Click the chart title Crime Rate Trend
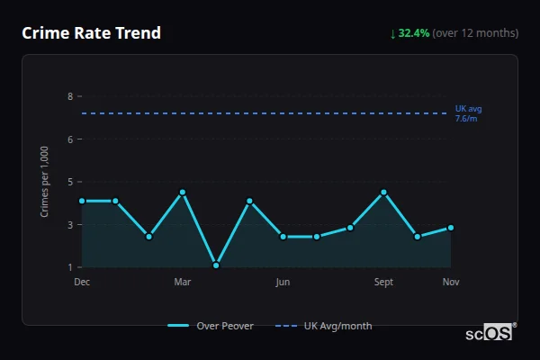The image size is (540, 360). pos(91,33)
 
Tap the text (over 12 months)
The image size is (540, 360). pos(475,33)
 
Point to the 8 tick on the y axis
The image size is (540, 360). pos(69,96)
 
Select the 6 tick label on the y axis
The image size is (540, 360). pos(69,139)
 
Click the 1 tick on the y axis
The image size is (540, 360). pos(69,267)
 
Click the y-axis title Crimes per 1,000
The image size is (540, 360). pos(44,181)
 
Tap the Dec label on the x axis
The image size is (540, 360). pos(82,283)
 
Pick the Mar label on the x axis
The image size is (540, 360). pos(183,283)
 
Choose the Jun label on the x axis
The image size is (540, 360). pos(283,283)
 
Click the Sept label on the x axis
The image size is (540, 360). pos(383,283)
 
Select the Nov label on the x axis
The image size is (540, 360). pos(451,283)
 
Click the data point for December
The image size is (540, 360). pos(82,201)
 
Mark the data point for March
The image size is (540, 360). pos(183,193)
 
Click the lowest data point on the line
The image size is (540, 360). pos(216,265)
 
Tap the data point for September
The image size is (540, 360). pos(384,193)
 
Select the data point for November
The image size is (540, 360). pos(451,228)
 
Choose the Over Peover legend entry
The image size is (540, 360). pos(211,326)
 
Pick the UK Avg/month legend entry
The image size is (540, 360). pos(324,326)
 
